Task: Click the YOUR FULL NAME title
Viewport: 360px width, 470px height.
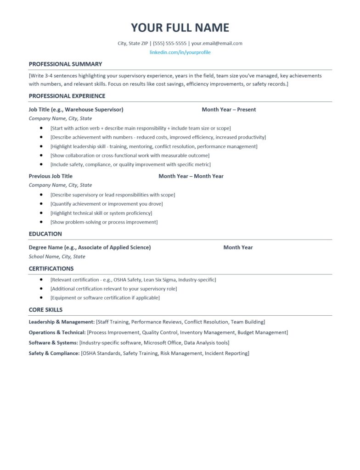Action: (x=180, y=28)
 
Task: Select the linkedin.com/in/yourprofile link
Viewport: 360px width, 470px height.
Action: (x=180, y=52)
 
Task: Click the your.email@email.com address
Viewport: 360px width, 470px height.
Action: (x=217, y=44)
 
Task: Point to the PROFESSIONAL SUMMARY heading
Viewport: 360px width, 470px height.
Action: (x=65, y=64)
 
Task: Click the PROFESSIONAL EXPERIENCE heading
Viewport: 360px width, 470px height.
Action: (x=67, y=96)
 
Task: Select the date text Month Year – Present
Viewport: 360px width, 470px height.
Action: (x=229, y=110)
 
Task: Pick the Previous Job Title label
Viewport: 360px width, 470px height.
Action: (x=51, y=176)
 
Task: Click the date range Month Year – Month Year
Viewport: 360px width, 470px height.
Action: (x=191, y=176)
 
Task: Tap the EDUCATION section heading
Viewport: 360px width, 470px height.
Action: (x=45, y=234)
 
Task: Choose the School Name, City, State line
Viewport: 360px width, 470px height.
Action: (x=57, y=257)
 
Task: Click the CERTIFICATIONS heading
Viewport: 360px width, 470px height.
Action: (x=51, y=269)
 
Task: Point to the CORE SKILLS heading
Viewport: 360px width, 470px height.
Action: (x=45, y=310)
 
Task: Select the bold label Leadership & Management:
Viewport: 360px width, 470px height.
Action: (x=62, y=322)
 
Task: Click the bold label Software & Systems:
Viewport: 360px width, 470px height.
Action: (x=53, y=343)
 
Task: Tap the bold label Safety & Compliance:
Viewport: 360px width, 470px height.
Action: (x=54, y=353)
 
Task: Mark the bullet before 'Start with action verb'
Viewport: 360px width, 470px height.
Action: (x=41, y=128)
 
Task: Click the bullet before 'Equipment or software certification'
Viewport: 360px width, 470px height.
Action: (x=41, y=297)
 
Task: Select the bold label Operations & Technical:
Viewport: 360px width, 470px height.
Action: (x=57, y=333)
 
